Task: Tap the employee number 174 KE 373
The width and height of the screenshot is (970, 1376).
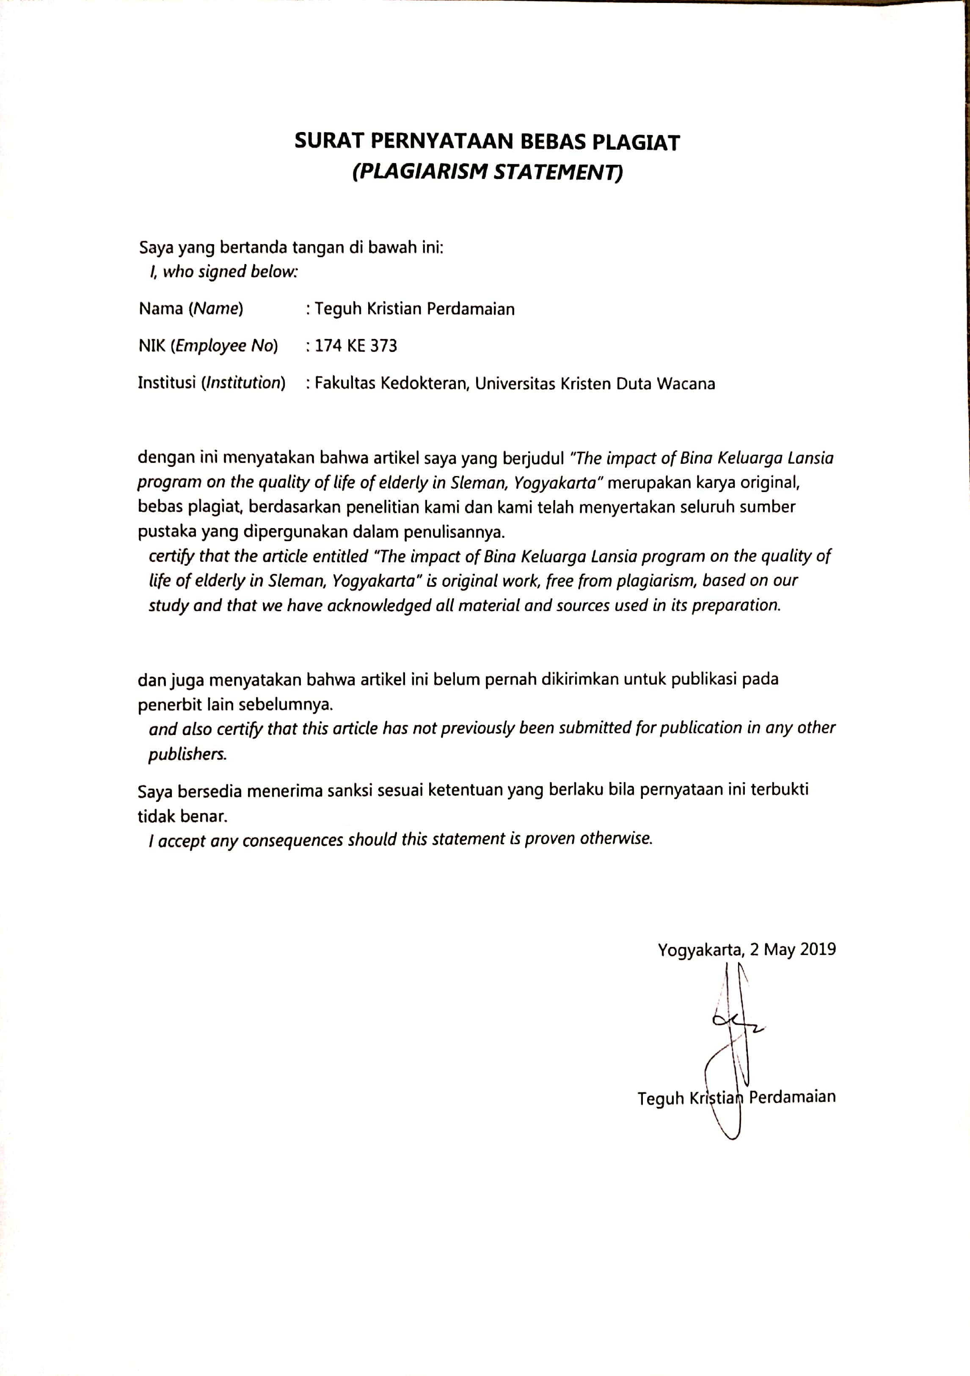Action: tap(355, 346)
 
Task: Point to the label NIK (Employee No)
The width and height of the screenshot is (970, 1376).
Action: tap(208, 346)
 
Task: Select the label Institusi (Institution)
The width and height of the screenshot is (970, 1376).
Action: tap(212, 383)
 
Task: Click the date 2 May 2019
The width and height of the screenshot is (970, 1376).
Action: tap(793, 949)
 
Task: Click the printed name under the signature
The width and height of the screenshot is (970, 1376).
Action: tap(736, 1097)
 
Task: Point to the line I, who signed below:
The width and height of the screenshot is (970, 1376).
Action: tap(223, 272)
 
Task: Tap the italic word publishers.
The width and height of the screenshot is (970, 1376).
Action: tap(187, 754)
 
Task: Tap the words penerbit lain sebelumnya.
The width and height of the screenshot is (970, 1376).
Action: tap(235, 704)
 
